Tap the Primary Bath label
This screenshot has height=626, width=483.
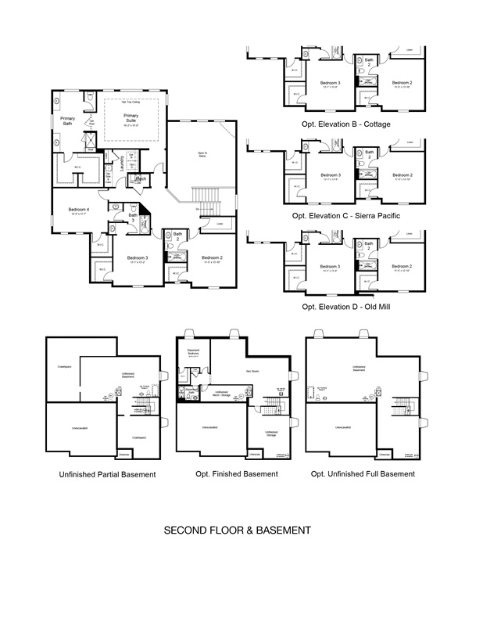coord(68,121)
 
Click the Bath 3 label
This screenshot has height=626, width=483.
coord(133,218)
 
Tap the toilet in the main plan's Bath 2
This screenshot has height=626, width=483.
coord(170,245)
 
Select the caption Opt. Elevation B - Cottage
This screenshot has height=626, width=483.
coord(346,124)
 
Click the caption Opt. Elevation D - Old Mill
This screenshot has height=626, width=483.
coord(346,307)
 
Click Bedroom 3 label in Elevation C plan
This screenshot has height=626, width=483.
coord(331,174)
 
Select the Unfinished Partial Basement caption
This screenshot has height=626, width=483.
coord(107,474)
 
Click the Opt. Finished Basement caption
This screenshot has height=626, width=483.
coord(236,474)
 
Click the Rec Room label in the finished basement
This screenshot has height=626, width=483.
coord(252,371)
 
